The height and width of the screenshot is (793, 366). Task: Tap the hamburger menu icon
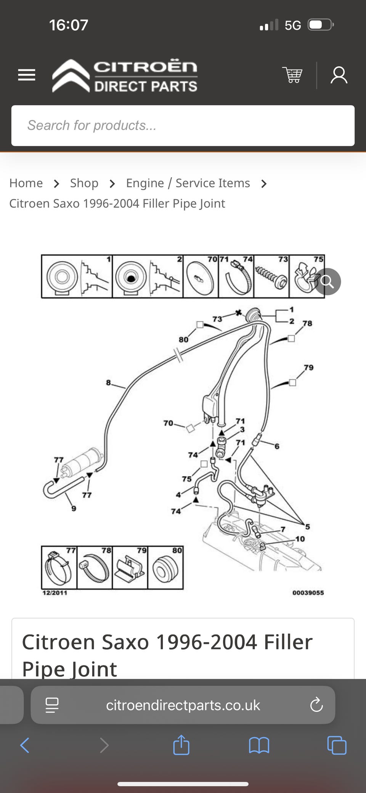click(x=27, y=75)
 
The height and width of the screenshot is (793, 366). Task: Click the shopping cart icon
click(x=292, y=75)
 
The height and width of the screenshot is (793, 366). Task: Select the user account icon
click(x=339, y=75)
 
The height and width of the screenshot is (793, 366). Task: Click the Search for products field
click(x=183, y=125)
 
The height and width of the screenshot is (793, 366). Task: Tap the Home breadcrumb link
click(x=26, y=183)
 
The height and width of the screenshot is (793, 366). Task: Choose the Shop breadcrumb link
click(x=84, y=183)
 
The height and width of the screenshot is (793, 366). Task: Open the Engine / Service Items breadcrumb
click(x=188, y=183)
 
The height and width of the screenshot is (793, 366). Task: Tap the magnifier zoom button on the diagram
click(x=327, y=282)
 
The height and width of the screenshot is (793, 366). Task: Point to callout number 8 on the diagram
click(x=109, y=382)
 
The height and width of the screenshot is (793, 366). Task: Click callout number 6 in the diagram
click(x=277, y=446)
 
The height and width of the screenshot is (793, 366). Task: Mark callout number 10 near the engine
click(x=300, y=539)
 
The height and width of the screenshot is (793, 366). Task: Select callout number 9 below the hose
click(x=74, y=508)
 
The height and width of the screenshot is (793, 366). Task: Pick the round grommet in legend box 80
click(x=165, y=568)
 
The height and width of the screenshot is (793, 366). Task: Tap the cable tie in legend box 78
click(x=94, y=569)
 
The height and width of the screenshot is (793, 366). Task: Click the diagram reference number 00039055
click(x=308, y=593)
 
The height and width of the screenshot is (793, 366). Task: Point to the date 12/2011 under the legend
click(x=55, y=593)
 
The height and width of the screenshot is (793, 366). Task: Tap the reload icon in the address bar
click(x=316, y=705)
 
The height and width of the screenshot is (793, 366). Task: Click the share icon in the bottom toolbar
click(x=181, y=745)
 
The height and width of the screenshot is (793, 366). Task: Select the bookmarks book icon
click(x=259, y=745)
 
